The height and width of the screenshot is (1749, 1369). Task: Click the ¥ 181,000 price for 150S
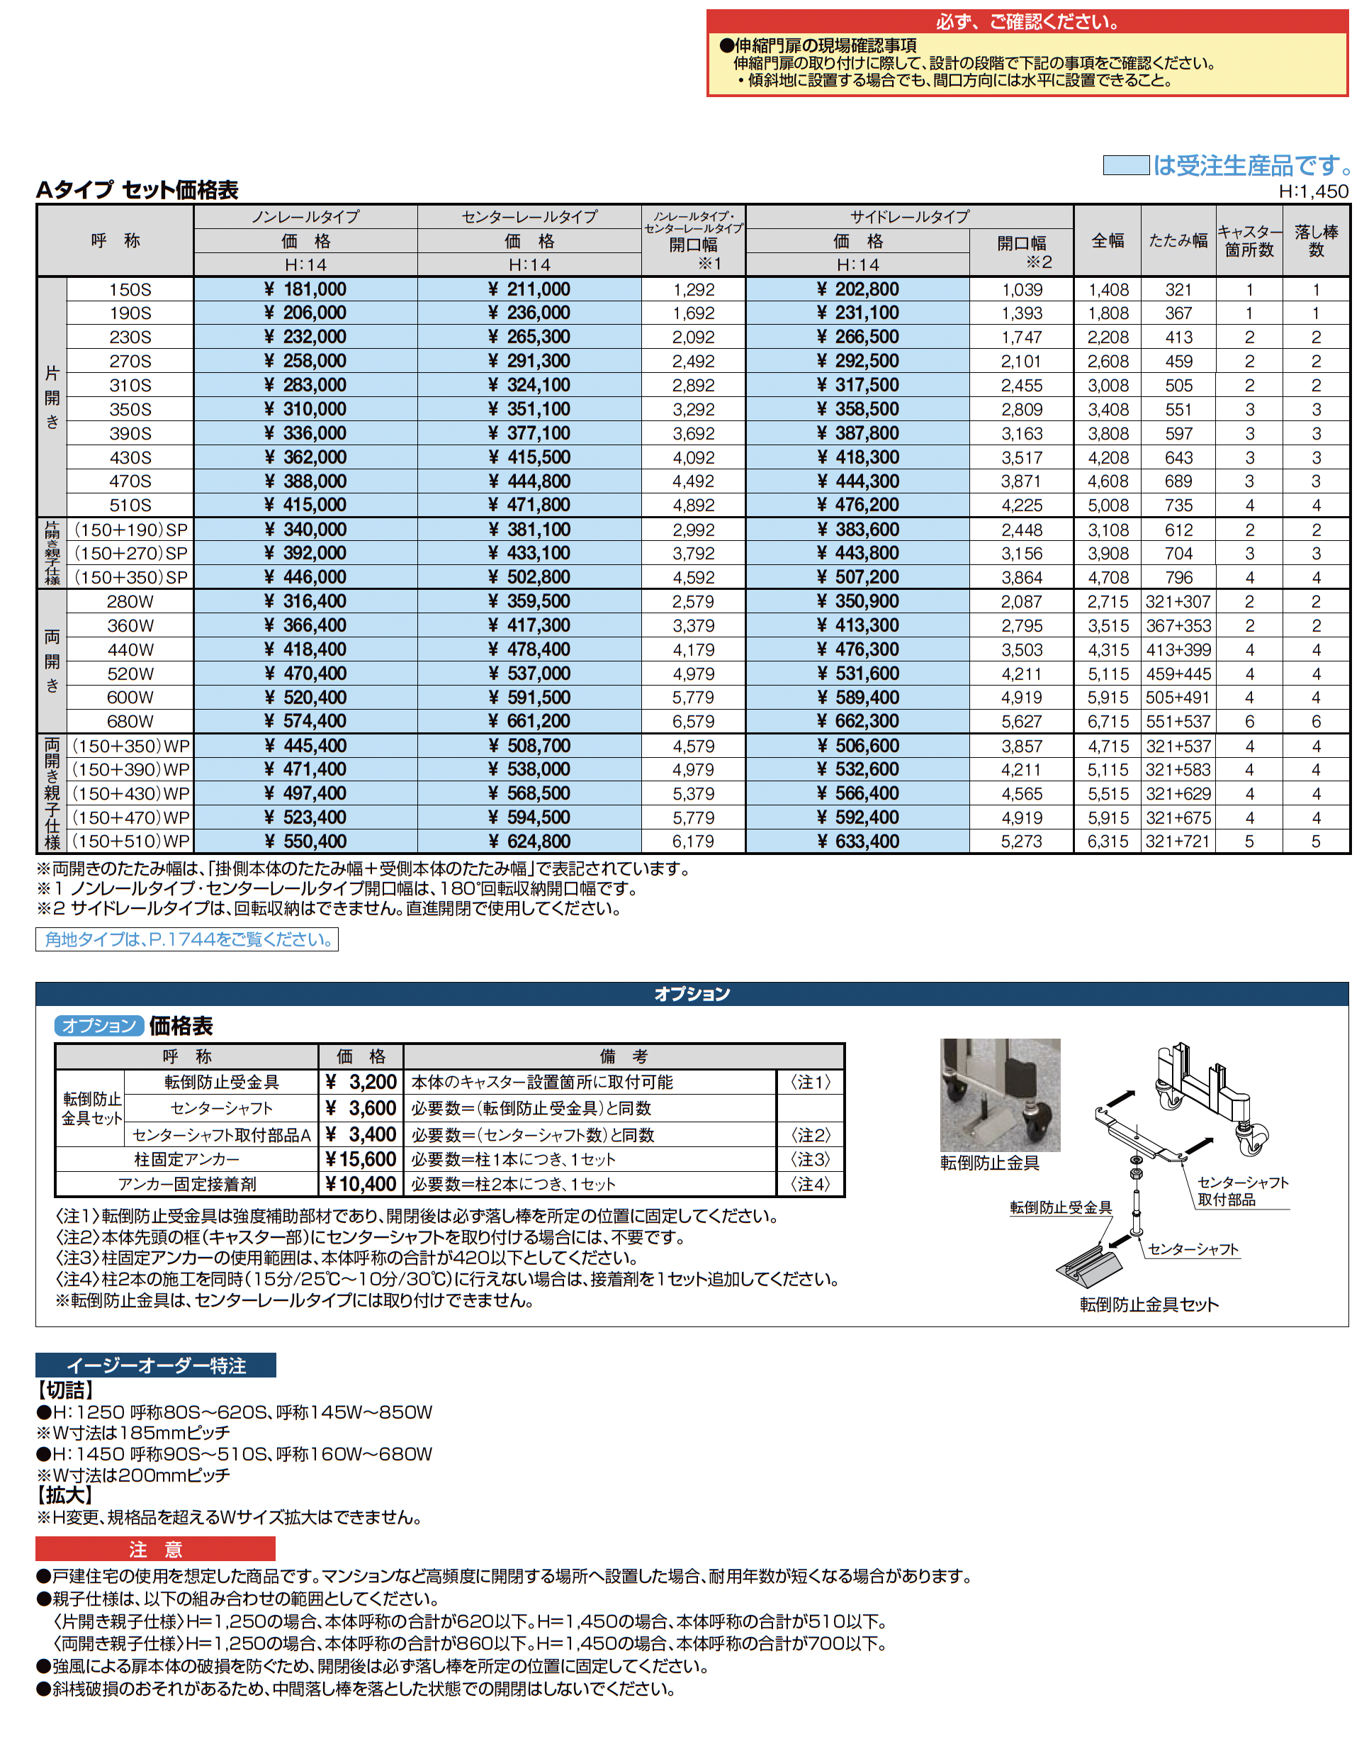click(305, 289)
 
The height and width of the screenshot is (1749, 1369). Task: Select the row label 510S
click(130, 505)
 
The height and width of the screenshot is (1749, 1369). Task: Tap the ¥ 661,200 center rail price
click(529, 722)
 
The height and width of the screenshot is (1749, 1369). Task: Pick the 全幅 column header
click(1107, 240)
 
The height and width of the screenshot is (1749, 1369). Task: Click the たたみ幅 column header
click(1178, 240)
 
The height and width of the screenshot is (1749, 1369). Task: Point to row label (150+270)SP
click(130, 553)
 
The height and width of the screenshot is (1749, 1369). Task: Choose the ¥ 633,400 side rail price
click(857, 842)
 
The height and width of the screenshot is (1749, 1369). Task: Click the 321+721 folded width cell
click(1178, 842)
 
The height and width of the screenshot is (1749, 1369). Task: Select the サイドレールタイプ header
click(909, 216)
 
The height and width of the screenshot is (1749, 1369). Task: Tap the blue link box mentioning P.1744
click(187, 939)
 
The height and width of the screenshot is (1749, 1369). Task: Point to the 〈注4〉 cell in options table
click(811, 1185)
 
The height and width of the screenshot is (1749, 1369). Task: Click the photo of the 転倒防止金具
click(1000, 1095)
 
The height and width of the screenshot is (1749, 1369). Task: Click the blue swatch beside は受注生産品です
click(1125, 166)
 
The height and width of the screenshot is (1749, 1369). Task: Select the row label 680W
click(130, 722)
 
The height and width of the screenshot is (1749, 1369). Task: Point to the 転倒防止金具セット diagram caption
click(1149, 1304)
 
